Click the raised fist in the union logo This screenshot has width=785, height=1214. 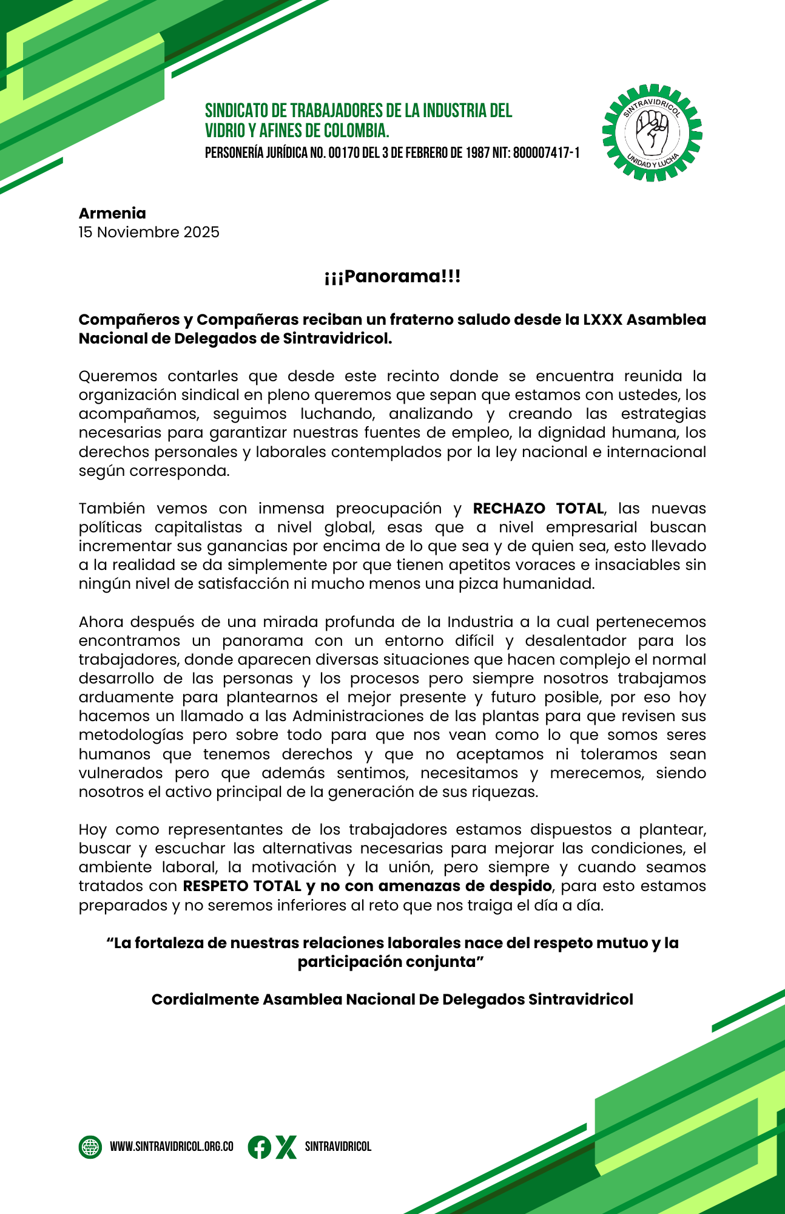point(652,133)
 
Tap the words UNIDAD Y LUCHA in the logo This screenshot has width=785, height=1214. point(652,162)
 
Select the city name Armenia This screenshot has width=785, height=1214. point(112,213)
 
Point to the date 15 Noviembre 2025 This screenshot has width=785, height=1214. point(149,232)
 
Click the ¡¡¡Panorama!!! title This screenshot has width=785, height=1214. point(392,277)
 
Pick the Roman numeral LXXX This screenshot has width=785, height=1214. point(602,319)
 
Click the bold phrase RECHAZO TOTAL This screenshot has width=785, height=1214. point(538,508)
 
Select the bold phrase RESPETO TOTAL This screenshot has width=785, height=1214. point(242,886)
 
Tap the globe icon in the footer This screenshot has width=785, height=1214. point(90,1147)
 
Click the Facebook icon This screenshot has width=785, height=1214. point(259,1147)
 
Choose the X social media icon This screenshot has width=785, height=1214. point(286,1147)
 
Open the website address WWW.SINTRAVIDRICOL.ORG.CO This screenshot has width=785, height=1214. point(172,1147)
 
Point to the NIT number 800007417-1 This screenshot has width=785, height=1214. point(546,153)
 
